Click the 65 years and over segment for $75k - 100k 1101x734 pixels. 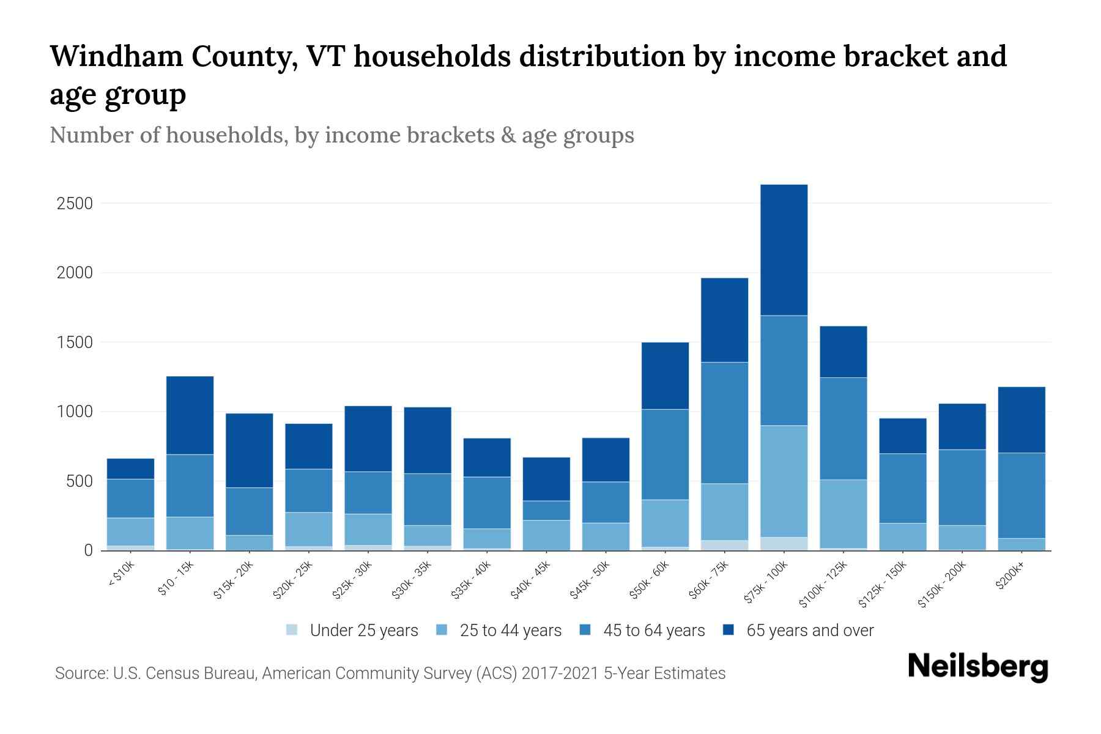784,250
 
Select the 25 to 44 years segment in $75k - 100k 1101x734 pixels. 784,481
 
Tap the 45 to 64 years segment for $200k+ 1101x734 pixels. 1021,495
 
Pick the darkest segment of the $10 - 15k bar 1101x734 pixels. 190,415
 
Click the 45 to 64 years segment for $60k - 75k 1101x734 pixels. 724,423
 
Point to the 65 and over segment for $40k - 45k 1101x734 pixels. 546,479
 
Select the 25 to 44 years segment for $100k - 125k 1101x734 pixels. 843,514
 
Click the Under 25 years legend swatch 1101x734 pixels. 292,630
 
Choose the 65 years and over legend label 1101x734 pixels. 809,630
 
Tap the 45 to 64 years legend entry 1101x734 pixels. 653,630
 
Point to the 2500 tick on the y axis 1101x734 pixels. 75,203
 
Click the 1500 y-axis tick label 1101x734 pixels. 75,343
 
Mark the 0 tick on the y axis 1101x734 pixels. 88,550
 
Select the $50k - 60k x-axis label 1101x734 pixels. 650,581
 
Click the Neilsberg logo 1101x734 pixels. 977,667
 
